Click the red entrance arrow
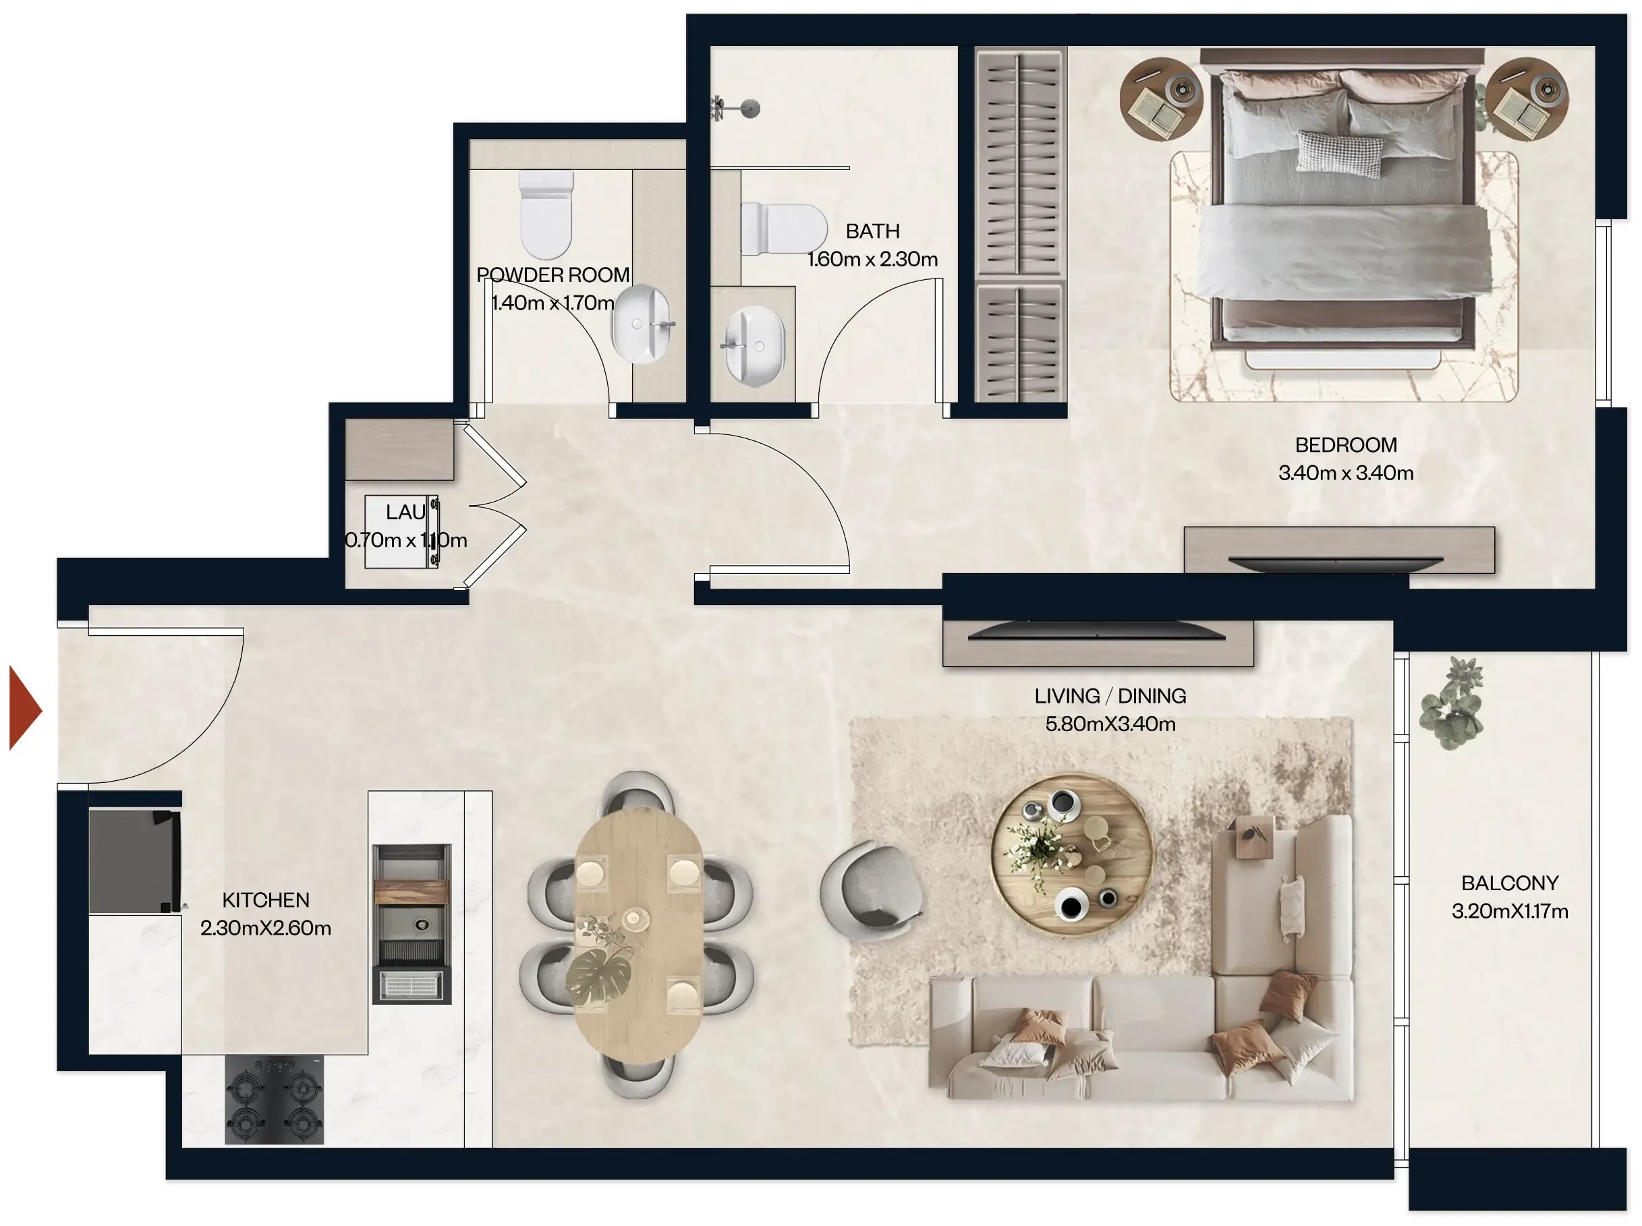(x=24, y=708)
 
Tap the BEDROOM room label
(x=1345, y=444)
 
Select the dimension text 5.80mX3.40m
(x=1110, y=724)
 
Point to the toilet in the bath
(x=784, y=229)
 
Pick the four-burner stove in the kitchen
(x=274, y=1099)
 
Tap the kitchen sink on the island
(x=412, y=923)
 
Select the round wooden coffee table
(x=1072, y=854)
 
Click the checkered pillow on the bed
(x=1340, y=152)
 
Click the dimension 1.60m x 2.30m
(x=872, y=259)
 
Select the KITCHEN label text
(x=266, y=900)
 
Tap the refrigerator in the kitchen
(x=134, y=861)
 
